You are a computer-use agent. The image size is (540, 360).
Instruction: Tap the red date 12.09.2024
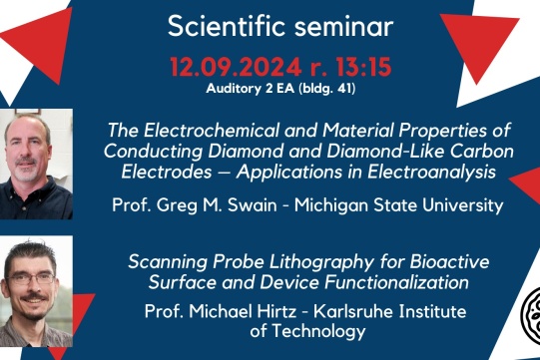(234, 68)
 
